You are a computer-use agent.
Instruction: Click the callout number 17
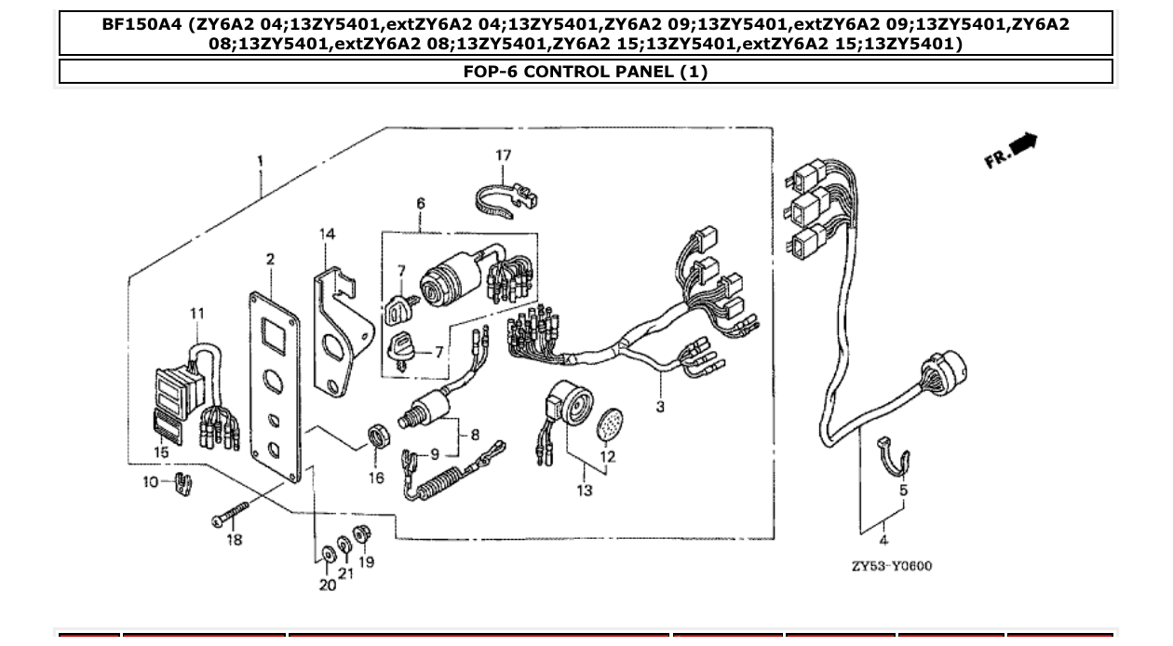coord(503,155)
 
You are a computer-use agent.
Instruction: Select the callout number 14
coord(328,235)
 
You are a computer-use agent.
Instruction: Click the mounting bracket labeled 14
coord(335,334)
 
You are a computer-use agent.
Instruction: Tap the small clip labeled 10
coord(182,484)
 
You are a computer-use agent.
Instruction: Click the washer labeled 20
coord(328,555)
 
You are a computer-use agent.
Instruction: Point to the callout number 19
coord(366,562)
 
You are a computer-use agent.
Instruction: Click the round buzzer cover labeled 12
coord(608,424)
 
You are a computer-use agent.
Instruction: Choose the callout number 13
coord(584,491)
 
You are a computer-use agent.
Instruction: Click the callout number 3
coord(660,407)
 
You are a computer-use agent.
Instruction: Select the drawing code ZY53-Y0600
coord(891,566)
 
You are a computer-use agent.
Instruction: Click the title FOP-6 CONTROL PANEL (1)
coord(586,72)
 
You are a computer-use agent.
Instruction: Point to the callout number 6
coord(420,203)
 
